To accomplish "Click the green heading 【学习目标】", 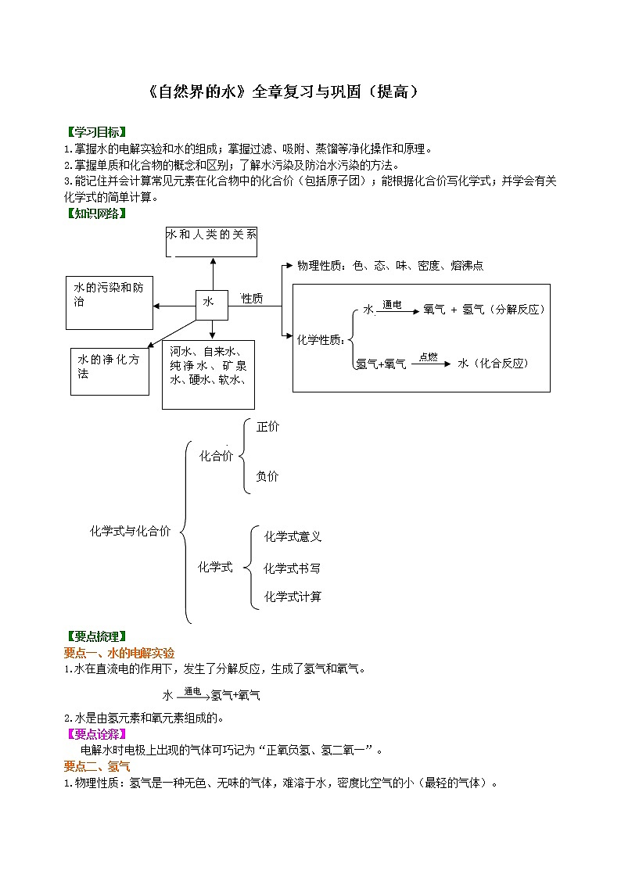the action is [x=95, y=131].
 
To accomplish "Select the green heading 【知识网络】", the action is [x=95, y=213].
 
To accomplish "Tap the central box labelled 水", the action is [x=212, y=303].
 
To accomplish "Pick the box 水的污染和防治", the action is [x=109, y=302].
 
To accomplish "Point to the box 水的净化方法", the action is [x=109, y=371].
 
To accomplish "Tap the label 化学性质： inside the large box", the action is [x=321, y=339].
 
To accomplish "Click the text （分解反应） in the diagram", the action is [x=517, y=310].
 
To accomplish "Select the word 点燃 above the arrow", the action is [x=429, y=356].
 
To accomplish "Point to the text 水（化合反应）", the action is [x=494, y=364].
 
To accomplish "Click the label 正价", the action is [x=267, y=427].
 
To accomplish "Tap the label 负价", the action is [x=267, y=476].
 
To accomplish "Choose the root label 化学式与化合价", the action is [x=130, y=532].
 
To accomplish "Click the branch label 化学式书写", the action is [x=293, y=568].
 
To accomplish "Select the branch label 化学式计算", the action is [x=293, y=597].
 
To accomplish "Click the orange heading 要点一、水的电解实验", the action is [x=119, y=653].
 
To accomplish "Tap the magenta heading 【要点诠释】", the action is [x=95, y=733].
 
